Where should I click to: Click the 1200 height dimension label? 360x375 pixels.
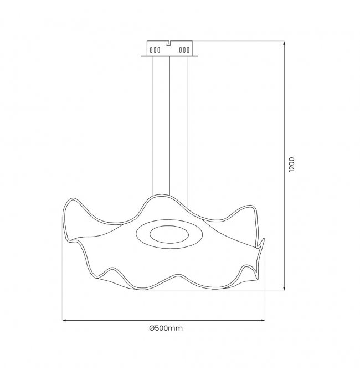pyautogui.click(x=291, y=165)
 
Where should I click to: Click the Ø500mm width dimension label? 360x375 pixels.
pyautogui.click(x=166, y=328)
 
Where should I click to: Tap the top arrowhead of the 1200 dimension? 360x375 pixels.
pyautogui.click(x=284, y=43)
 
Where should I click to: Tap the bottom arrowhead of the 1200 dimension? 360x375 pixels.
pyautogui.click(x=284, y=289)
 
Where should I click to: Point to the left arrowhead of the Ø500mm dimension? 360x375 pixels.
pyautogui.click(x=65, y=320)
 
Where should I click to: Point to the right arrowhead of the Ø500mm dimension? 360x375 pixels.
pyautogui.click(x=263, y=320)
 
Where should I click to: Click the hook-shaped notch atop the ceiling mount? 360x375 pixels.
pyautogui.click(x=169, y=43)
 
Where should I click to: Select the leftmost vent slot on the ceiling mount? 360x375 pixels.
pyautogui.click(x=151, y=50)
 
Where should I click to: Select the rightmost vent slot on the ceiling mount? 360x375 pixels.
pyautogui.click(x=188, y=50)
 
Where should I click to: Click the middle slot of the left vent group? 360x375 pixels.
pyautogui.click(x=155, y=50)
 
